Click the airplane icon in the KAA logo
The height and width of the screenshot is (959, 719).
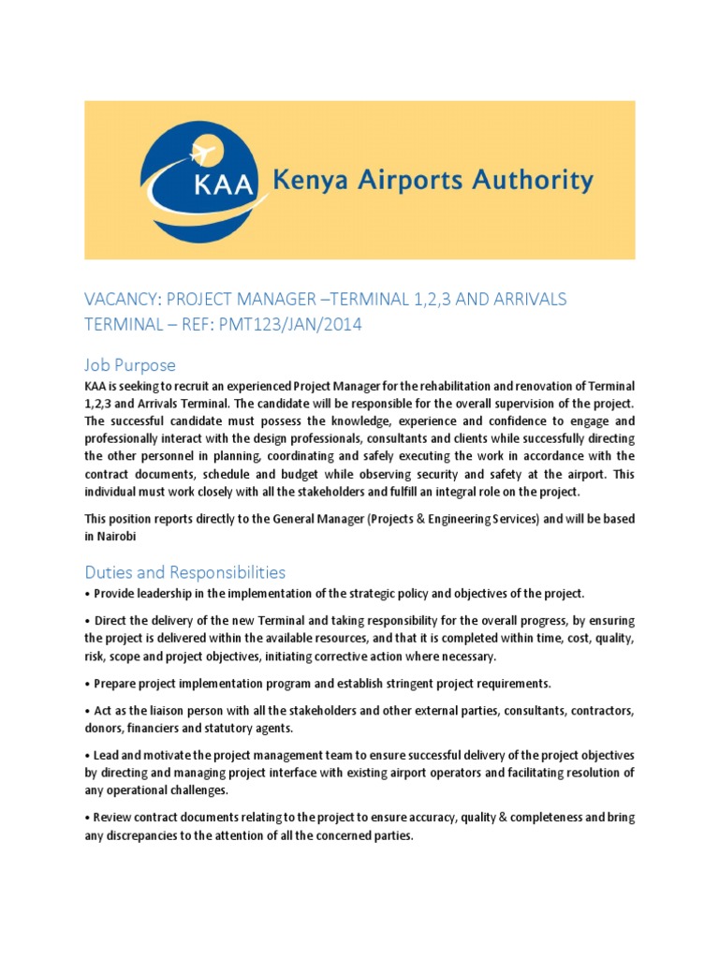pyautogui.click(x=202, y=151)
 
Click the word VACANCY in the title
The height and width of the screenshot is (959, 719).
pyautogui.click(x=124, y=300)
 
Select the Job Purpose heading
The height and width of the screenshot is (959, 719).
pyautogui.click(x=130, y=364)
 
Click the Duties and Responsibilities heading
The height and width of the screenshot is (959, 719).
pyautogui.click(x=185, y=571)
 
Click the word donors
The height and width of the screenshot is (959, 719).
pyautogui.click(x=105, y=729)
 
